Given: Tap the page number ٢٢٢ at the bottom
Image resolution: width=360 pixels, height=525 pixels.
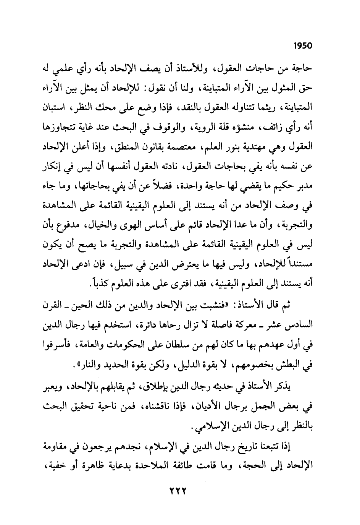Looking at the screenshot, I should point(177,490).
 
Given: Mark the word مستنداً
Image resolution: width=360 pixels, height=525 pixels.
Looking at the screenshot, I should point(298,264).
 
